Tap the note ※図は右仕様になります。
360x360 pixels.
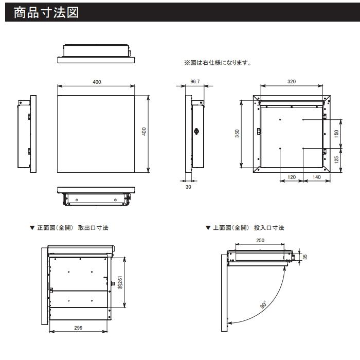213,63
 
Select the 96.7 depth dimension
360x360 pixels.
195,82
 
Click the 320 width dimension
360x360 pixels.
291,82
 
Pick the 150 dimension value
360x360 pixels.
336,134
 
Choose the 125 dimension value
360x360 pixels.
336,159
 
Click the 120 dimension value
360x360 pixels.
292,176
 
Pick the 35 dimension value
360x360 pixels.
305,256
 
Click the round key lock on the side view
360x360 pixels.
196,131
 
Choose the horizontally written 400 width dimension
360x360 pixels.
97,82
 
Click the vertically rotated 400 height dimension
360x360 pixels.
145,132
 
